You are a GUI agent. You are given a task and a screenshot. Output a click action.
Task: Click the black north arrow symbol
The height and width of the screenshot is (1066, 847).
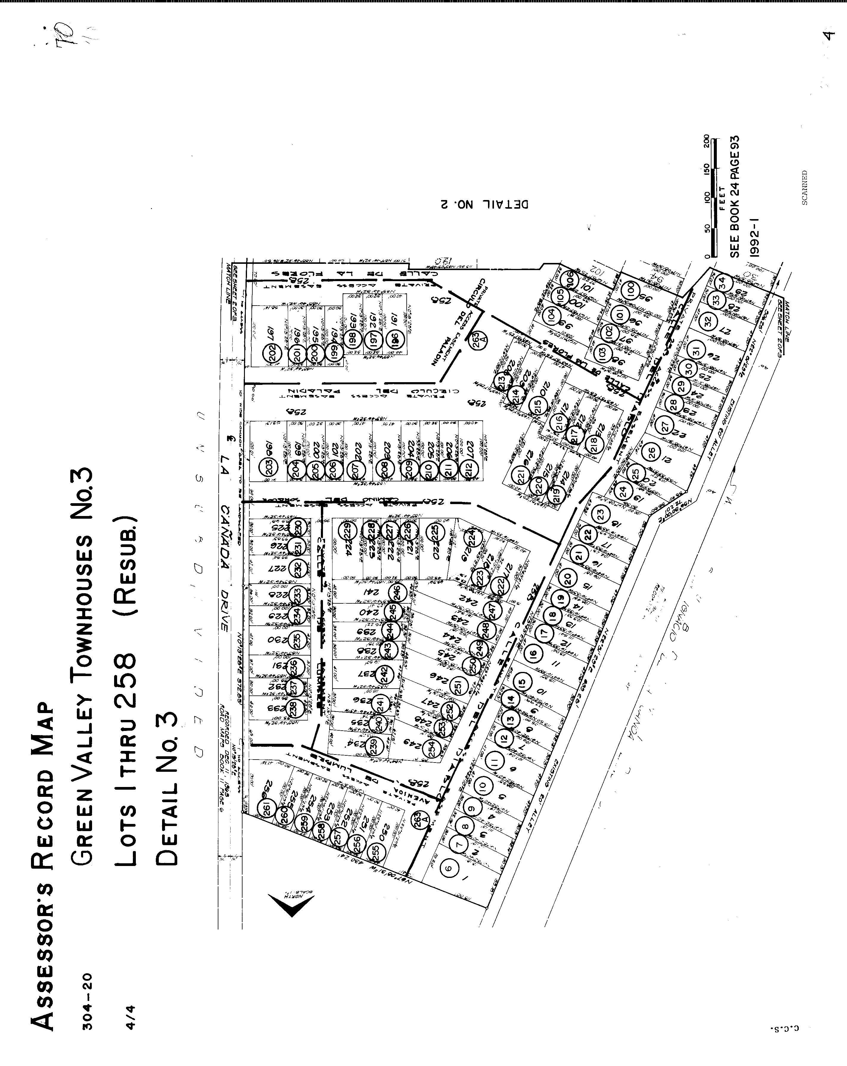[x=292, y=904]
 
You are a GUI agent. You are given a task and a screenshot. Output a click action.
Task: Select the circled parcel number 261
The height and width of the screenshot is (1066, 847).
[x=267, y=809]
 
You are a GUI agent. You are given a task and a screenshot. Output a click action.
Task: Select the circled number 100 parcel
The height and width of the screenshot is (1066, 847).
[x=630, y=289]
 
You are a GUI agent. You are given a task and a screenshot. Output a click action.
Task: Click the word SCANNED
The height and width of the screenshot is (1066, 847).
[x=804, y=188]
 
